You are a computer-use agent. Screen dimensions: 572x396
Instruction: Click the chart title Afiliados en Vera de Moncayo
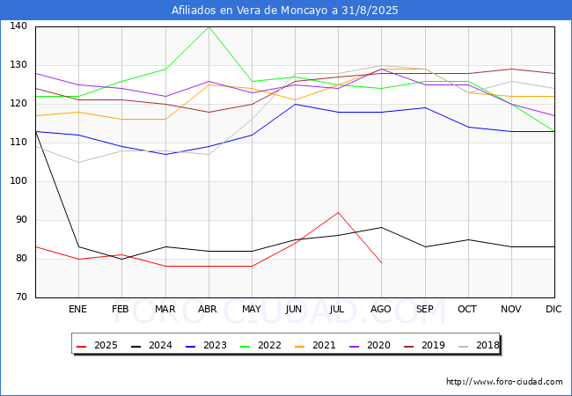coord(284,11)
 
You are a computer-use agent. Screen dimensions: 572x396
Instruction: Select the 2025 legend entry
coord(97,345)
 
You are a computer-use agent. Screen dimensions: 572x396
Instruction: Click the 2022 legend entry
coord(260,345)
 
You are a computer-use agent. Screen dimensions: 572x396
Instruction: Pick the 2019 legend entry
coord(425,345)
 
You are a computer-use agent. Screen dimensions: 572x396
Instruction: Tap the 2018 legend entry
coord(479,345)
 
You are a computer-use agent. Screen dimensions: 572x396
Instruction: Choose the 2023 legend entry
coord(206,345)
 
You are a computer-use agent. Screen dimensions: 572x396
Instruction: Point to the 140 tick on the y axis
coord(18,26)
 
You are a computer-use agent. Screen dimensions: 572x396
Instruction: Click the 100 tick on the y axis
coord(18,181)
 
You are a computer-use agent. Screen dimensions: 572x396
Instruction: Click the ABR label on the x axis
coord(207,309)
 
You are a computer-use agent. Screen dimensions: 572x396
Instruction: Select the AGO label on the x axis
coord(380,309)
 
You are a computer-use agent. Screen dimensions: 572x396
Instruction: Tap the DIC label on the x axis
coord(554,309)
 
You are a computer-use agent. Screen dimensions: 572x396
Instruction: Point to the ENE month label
coord(77,309)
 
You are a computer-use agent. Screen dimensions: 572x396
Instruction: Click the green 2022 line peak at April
coord(209,27)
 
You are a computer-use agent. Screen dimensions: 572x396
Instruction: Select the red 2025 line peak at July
coord(338,212)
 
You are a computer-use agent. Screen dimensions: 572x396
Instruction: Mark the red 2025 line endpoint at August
coord(382,262)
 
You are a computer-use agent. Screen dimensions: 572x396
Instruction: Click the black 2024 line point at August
coord(382,228)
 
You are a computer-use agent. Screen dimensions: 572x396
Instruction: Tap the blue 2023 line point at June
coord(295,105)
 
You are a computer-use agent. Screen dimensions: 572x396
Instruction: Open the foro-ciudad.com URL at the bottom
coord(504,382)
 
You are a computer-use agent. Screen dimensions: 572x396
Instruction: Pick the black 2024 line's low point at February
coord(121,259)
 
